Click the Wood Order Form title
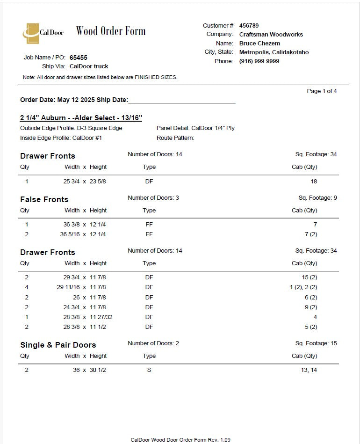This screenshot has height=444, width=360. coord(111,31)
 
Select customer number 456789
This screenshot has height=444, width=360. coord(249,26)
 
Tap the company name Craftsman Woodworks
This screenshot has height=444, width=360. coord(271,35)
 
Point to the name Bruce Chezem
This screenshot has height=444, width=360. coord(259,44)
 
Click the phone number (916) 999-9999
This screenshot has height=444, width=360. coord(259,61)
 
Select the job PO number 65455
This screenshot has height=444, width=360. coord(78,58)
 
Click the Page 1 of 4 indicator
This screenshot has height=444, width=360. coord(322,91)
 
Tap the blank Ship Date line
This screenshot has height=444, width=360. coord(181,100)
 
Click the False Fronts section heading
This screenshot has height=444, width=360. coord(44,199)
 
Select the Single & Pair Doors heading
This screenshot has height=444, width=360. coord(58,345)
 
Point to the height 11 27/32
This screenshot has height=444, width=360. coord(101,317)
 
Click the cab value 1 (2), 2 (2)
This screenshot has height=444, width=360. coord(303,287)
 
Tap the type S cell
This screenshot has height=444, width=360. coord(149,370)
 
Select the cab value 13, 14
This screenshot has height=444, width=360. coord(309,370)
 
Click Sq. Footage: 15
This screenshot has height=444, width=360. coord(316,343)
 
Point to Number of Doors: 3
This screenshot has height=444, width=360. coord(153,198)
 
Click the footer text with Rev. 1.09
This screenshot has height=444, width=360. coord(180,440)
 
